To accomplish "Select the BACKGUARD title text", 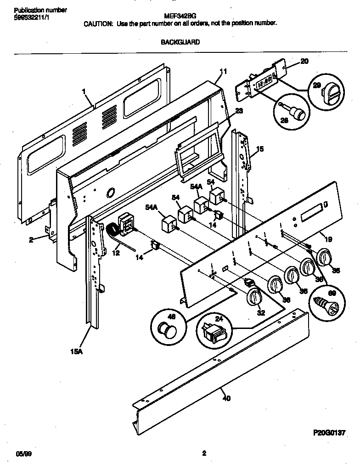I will [180, 42].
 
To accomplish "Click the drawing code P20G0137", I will [329, 433].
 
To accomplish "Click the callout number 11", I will [223, 71].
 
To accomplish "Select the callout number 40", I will [225, 398].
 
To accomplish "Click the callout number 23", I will [239, 111].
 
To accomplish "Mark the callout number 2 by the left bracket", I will [31, 239].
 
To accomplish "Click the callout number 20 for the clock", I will [304, 61].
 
